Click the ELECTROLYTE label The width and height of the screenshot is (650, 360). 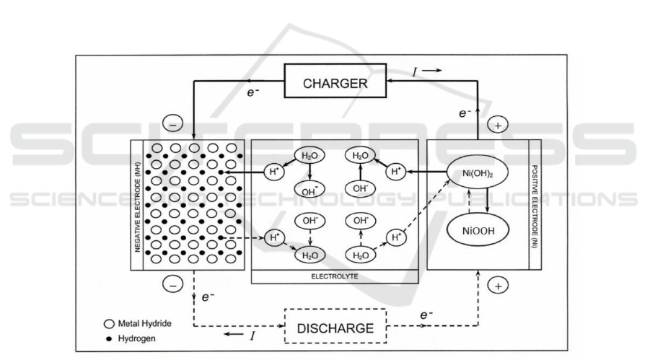335,276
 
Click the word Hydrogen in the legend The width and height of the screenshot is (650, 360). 137,337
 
